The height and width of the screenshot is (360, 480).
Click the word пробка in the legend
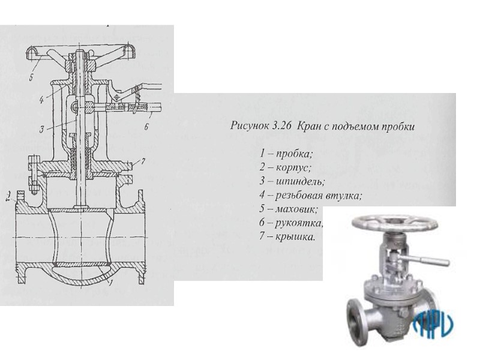click(294, 154)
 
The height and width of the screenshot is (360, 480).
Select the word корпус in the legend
click(293, 168)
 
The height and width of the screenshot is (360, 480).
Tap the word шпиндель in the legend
click(300, 181)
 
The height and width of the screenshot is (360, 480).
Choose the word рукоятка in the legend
click(299, 223)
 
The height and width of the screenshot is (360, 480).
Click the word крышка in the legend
click(295, 236)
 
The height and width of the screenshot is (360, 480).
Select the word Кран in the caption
click(308, 127)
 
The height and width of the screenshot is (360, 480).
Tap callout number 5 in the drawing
click(32, 77)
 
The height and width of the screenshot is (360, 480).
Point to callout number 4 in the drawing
click(42, 100)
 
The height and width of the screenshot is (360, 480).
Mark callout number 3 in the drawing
click(42, 129)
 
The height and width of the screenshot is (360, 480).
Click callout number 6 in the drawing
click(146, 127)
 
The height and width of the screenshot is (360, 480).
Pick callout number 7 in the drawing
click(143, 161)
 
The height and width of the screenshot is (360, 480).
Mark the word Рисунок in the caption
click(248, 127)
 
